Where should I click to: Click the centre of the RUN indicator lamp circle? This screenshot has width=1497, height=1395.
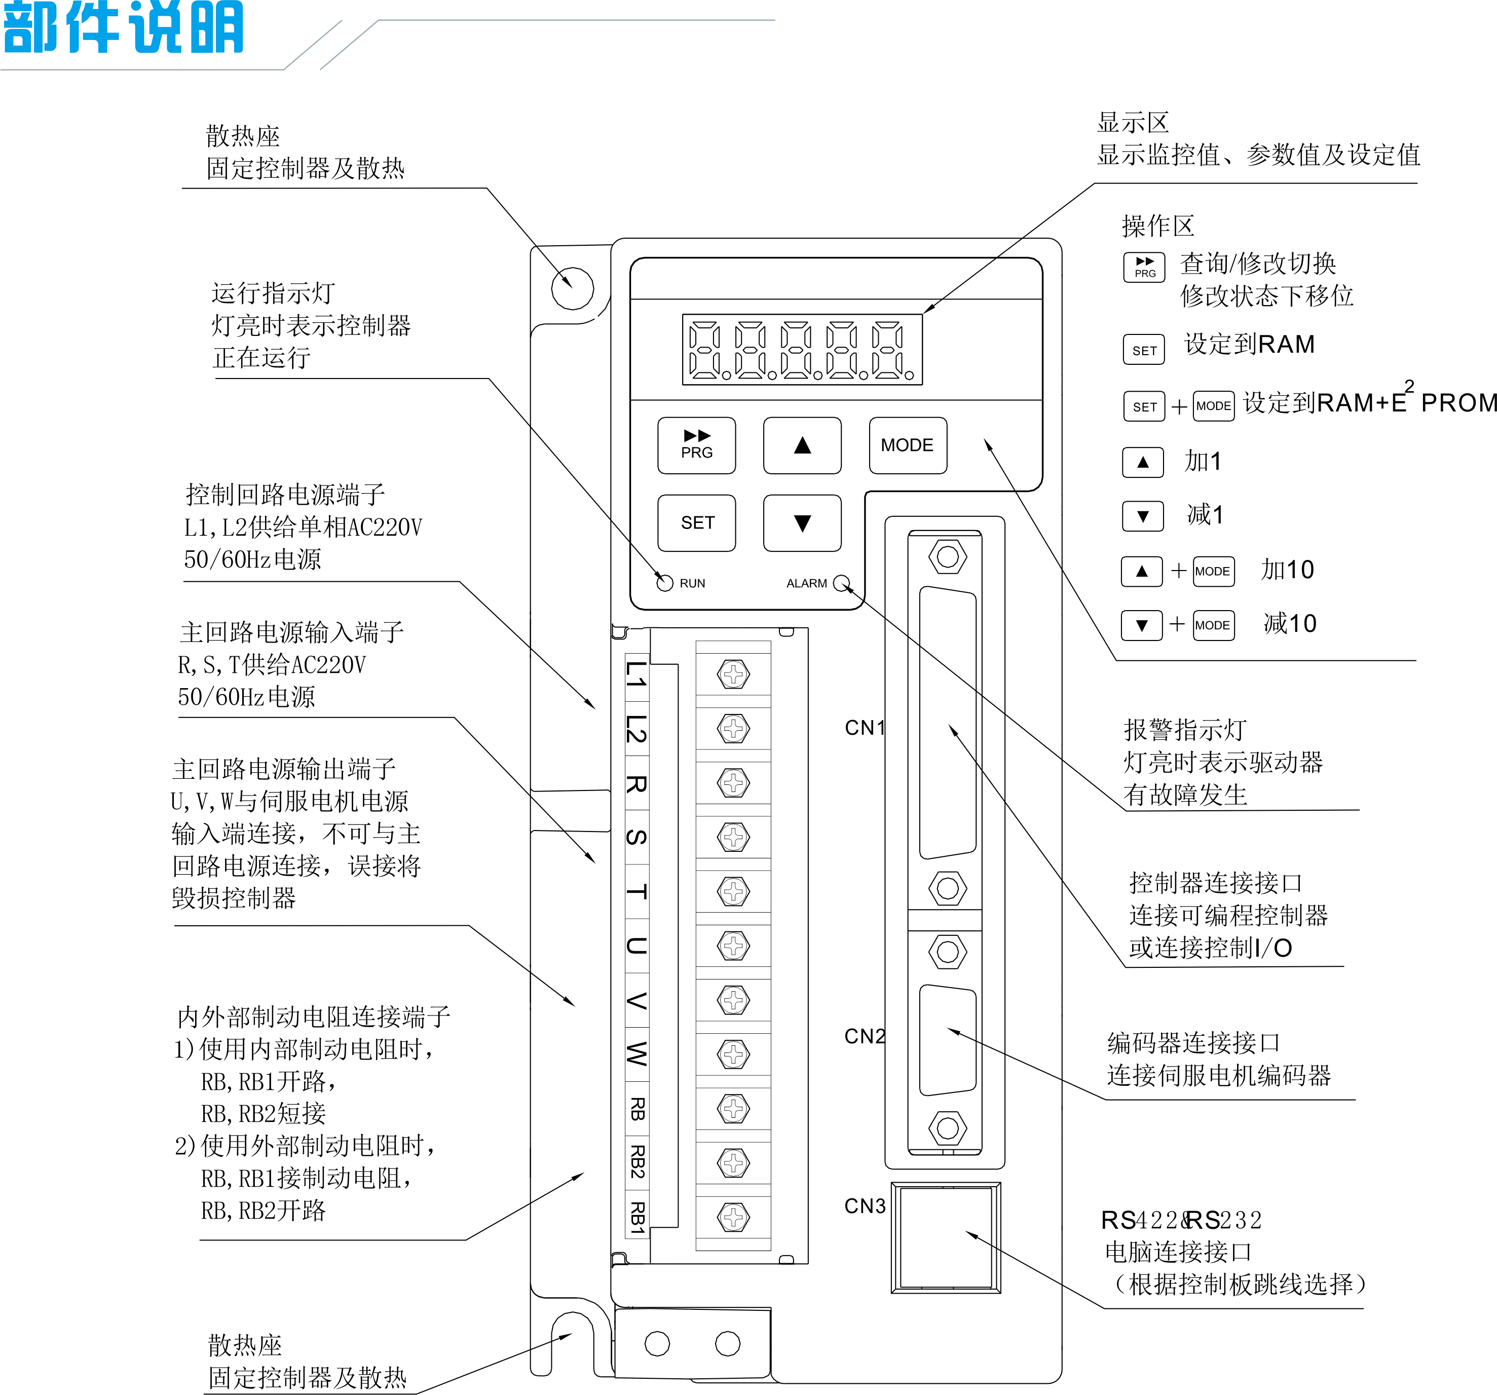665,583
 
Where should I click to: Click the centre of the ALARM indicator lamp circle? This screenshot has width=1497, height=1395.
841,583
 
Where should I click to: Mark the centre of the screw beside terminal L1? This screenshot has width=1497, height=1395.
733,674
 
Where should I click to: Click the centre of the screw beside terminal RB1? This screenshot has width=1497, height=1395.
733,1217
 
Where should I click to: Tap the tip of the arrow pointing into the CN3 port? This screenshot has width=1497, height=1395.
966,1232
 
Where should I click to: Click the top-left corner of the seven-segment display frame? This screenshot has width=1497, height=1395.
683,315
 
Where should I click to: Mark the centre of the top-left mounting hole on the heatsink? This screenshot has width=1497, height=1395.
572,288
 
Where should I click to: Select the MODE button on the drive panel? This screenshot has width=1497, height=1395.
908,446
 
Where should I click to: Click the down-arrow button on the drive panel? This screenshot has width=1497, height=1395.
802,522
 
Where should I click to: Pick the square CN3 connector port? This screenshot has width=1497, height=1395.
946,1237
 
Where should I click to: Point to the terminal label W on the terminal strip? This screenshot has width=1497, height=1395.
637,1053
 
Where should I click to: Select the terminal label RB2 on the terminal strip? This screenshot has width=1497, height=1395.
637,1161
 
